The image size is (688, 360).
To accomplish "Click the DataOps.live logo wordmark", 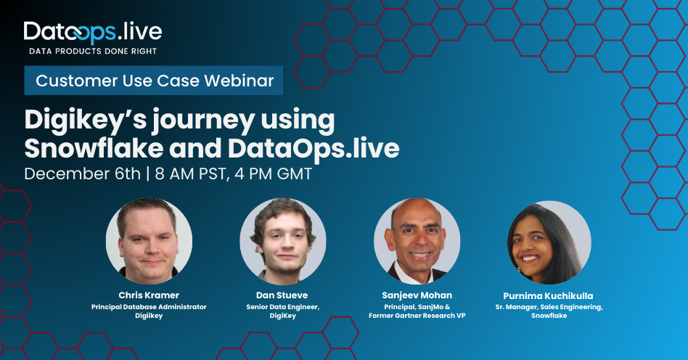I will [x=92, y=32].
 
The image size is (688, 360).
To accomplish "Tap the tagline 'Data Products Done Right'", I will [x=92, y=52].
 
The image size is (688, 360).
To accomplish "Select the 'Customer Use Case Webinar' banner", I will [x=155, y=81].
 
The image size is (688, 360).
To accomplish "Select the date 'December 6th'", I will [x=82, y=174].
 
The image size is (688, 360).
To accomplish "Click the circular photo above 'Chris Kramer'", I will [x=149, y=241].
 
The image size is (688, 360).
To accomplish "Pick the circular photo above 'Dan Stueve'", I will [x=283, y=241].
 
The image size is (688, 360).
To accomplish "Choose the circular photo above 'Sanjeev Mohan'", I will [x=417, y=241].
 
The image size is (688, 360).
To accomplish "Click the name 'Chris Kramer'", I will [x=149, y=295].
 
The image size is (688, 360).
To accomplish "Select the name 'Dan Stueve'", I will [x=283, y=295].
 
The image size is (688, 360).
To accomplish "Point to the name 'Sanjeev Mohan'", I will [x=417, y=295].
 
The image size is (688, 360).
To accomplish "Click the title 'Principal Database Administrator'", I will [x=149, y=307].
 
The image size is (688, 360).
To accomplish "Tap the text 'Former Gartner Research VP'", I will [x=417, y=316].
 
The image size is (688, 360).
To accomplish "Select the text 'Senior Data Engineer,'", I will [x=283, y=307].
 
